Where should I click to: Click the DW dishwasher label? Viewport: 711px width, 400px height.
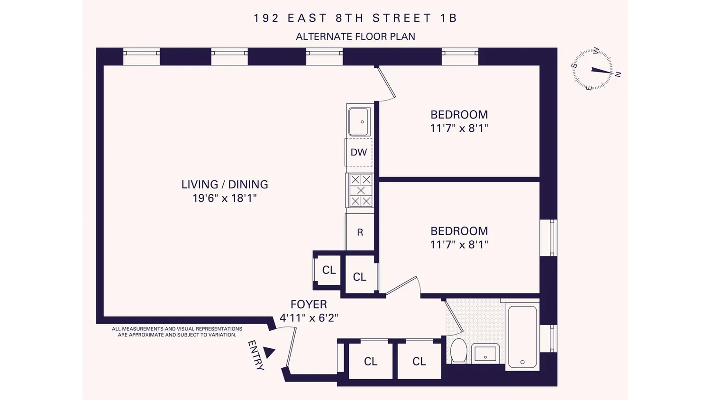tap(359, 153)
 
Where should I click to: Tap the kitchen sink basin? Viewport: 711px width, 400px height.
tap(358, 122)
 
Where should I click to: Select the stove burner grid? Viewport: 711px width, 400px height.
tap(361, 191)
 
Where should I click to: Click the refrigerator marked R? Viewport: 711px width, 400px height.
tap(360, 232)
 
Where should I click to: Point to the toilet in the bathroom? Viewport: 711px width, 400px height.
tap(458, 351)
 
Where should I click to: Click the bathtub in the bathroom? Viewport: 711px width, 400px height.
tap(522, 336)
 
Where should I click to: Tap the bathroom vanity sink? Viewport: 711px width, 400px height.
tap(485, 354)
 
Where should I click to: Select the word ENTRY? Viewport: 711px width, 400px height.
tap(256, 355)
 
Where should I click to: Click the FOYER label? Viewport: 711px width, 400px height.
tap(309, 304)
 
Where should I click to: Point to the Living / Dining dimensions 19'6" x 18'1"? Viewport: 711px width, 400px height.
tap(225, 199)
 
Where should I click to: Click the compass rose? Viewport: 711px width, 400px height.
tap(592, 69)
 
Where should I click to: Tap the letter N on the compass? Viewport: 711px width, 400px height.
tap(618, 74)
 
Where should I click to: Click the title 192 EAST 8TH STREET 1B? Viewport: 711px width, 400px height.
tap(355, 18)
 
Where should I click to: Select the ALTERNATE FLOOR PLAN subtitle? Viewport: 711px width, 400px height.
tap(355, 36)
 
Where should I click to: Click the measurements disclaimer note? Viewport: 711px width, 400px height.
tap(177, 332)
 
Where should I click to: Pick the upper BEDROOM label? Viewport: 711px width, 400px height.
tap(459, 114)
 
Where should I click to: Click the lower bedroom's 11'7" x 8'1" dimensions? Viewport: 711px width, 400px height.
tap(459, 245)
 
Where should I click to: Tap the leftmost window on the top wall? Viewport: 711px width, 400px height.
tap(141, 56)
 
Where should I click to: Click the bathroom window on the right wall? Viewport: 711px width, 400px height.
tap(548, 338)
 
